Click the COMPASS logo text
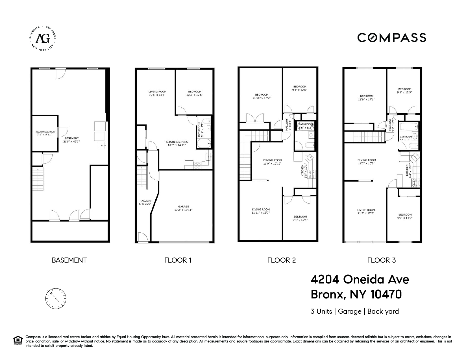click(391, 38)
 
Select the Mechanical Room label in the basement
click(45, 132)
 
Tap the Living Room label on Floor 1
click(157, 91)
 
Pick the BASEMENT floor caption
click(69, 260)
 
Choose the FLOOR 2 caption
click(281, 260)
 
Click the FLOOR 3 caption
click(381, 260)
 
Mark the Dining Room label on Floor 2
click(272, 160)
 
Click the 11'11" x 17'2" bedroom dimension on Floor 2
click(262, 98)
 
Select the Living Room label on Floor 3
click(366, 210)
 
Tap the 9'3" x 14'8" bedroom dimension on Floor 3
click(405, 218)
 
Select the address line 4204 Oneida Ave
click(360, 280)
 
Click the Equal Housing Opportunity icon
click(18, 340)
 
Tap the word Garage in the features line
click(350, 311)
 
